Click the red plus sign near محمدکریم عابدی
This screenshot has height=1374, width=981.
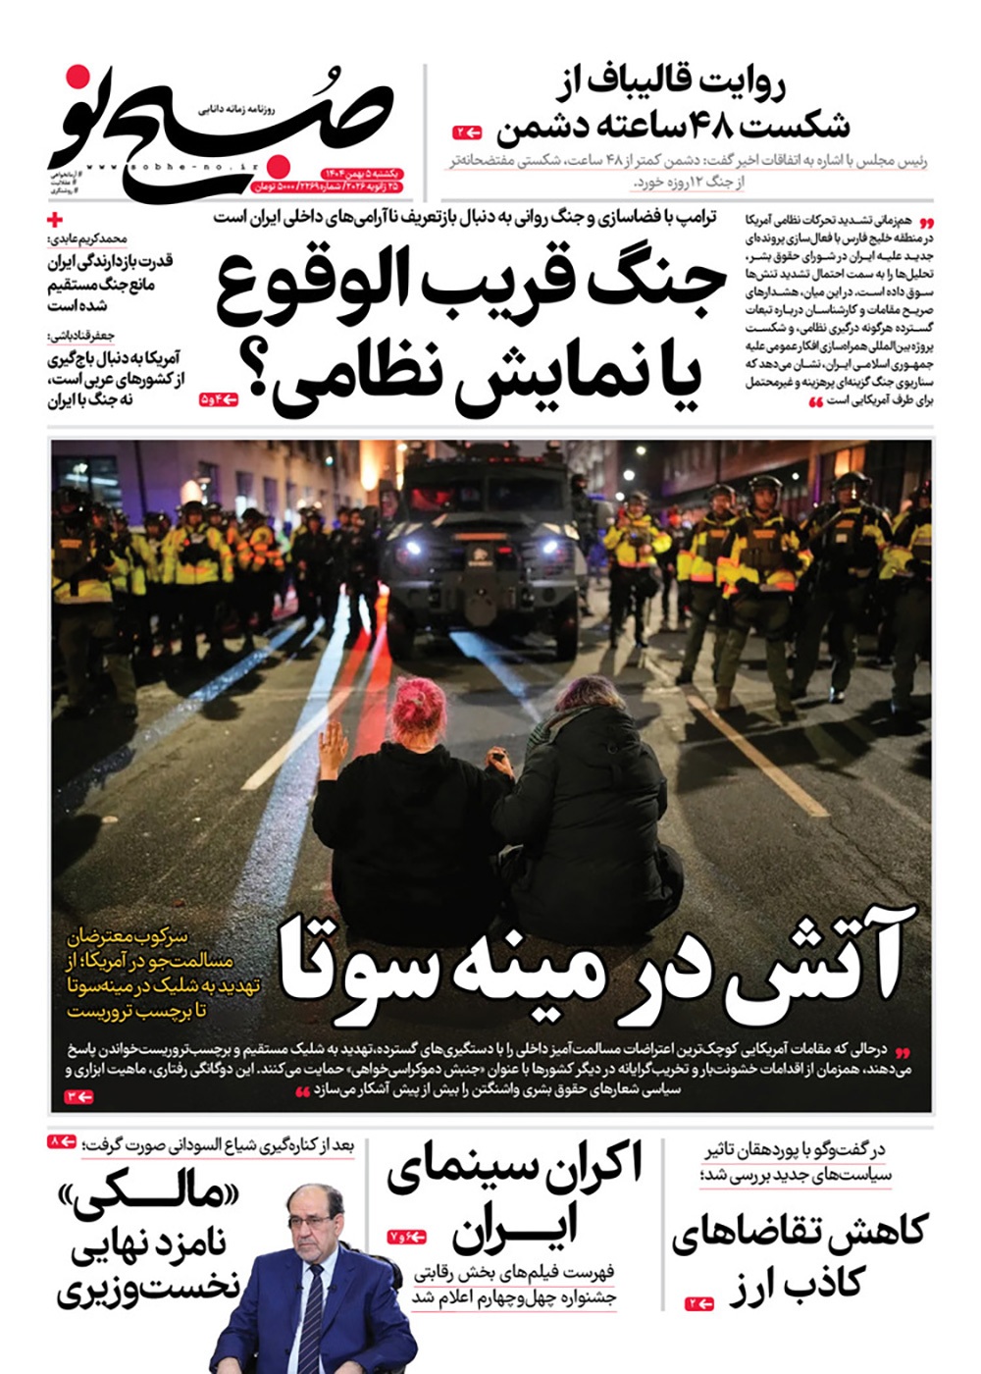pyautogui.click(x=56, y=220)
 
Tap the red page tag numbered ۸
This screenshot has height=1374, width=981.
pyautogui.click(x=62, y=1142)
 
